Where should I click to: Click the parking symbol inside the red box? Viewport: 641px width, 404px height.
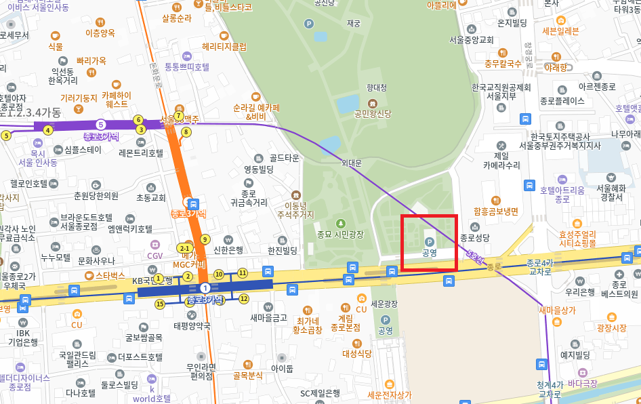pyautogui.click(x=429, y=241)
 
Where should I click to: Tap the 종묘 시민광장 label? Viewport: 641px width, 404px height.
pyautogui.click(x=340, y=235)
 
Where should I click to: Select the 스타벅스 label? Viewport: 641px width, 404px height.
pyautogui.click(x=110, y=276)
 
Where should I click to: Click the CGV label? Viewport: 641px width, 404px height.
pyautogui.click(x=155, y=256)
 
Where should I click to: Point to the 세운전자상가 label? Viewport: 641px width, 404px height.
pyautogui.click(x=389, y=395)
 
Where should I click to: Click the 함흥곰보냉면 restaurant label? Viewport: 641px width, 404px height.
pyautogui.click(x=496, y=211)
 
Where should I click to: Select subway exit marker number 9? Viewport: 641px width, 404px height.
pyautogui.click(x=205, y=239)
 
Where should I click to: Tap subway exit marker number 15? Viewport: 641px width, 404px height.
pyautogui.click(x=160, y=304)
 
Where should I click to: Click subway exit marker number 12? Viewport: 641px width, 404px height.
pyautogui.click(x=244, y=298)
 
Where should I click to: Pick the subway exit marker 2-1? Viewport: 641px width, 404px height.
pyautogui.click(x=184, y=248)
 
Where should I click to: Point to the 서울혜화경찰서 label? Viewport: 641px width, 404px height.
pyautogui.click(x=611, y=193)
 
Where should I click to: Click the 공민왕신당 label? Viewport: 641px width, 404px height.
pyautogui.click(x=373, y=113)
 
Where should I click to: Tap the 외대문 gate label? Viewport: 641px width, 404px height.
pyautogui.click(x=352, y=163)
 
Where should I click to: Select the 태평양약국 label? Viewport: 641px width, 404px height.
pyautogui.click(x=192, y=325)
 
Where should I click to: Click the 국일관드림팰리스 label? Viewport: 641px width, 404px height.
pyautogui.click(x=77, y=359)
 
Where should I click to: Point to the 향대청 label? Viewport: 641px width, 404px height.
pyautogui.click(x=376, y=87)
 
